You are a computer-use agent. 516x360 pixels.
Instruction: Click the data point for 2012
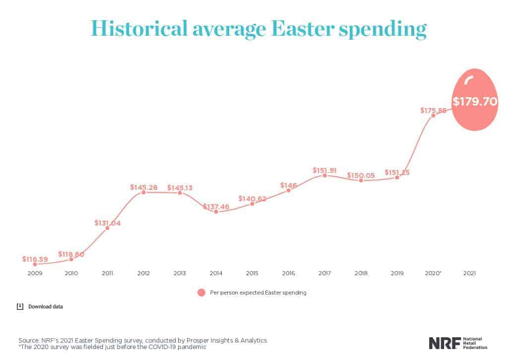[x=144, y=192]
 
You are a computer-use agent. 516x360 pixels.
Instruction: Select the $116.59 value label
[x=35, y=259]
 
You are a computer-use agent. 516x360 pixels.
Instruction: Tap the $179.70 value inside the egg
[x=475, y=102]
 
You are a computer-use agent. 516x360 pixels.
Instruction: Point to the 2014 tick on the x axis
[x=216, y=273]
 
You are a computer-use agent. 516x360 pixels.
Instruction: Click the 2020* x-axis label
[x=433, y=273]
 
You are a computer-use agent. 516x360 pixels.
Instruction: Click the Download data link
[x=46, y=306]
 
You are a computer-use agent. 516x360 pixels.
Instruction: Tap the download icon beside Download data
[x=20, y=306]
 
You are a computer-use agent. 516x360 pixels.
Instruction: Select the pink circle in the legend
[x=201, y=293]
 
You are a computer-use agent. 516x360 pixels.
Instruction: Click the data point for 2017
[x=324, y=175]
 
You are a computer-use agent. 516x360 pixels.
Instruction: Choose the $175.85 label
[x=433, y=111]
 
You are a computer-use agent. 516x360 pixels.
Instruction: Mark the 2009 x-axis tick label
[x=35, y=273]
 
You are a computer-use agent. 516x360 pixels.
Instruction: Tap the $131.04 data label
[x=107, y=223]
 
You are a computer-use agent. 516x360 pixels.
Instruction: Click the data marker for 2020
[x=433, y=115]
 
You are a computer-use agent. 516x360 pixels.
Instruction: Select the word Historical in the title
[x=134, y=28]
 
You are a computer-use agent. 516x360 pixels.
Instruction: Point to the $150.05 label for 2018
[x=361, y=175]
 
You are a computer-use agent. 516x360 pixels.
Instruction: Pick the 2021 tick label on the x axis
[x=469, y=273]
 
